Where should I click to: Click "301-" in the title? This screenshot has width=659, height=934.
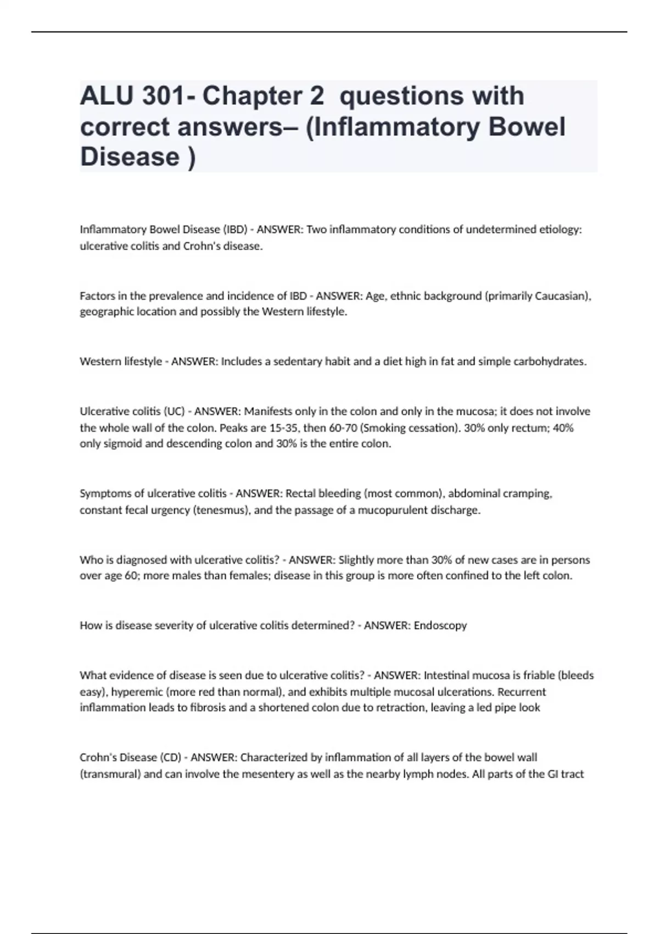point(167,96)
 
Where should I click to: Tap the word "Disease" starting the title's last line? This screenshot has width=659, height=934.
point(130,157)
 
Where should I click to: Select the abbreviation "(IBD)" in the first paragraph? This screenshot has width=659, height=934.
point(235,230)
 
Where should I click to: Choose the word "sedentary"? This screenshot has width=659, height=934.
point(298,362)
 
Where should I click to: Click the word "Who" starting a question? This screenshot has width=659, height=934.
point(90,560)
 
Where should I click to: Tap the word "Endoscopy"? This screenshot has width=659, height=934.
point(440,626)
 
